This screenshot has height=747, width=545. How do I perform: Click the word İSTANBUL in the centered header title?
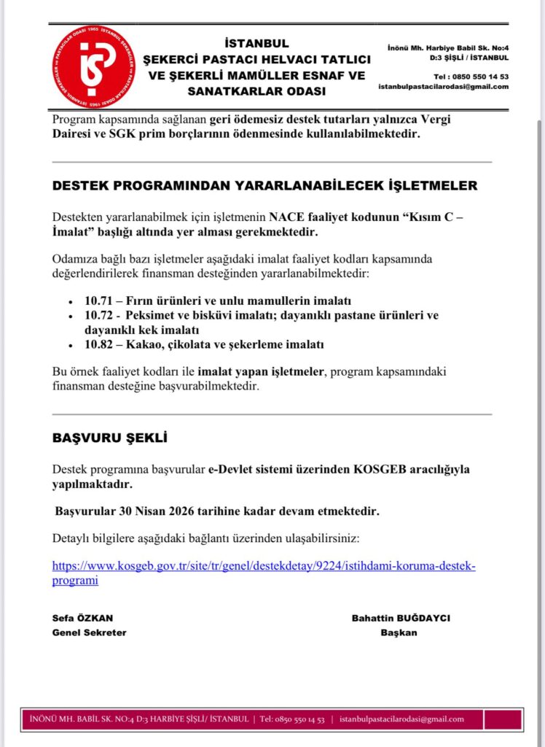click(256, 43)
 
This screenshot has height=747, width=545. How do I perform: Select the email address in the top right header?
click(443, 87)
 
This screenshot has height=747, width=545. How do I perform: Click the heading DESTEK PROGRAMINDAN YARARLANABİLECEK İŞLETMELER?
click(264, 185)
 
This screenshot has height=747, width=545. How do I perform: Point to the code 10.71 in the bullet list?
click(99, 301)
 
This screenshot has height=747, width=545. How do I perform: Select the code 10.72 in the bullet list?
click(99, 315)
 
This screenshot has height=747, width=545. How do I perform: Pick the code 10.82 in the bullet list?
click(99, 344)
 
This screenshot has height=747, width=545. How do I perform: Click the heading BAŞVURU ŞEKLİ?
click(110, 438)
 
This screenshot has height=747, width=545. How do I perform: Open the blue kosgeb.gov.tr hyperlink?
click(263, 573)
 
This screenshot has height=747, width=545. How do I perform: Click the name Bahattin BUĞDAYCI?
click(401, 618)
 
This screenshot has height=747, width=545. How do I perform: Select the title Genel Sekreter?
click(89, 632)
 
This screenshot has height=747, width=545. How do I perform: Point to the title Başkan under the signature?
click(399, 632)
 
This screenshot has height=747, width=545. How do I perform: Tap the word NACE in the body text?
click(284, 216)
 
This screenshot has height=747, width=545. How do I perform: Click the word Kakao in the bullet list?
click(145, 344)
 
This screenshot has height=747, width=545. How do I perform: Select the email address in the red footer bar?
click(401, 719)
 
